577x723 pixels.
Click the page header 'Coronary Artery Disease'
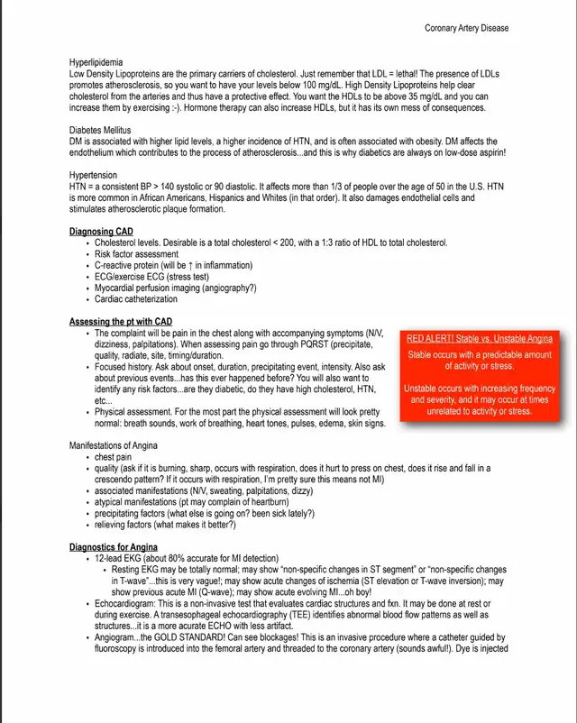[466, 28]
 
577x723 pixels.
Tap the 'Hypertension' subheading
[95, 175]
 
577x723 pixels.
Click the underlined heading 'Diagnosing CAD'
[101, 232]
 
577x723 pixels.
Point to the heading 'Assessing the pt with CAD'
[121, 322]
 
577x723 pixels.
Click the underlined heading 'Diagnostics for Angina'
[114, 547]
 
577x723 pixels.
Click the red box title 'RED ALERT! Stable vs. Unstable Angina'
[479, 338]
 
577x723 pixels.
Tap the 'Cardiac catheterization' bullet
[136, 299]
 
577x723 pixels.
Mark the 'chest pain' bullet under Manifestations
[113, 457]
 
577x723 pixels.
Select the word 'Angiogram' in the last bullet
[115, 637]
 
